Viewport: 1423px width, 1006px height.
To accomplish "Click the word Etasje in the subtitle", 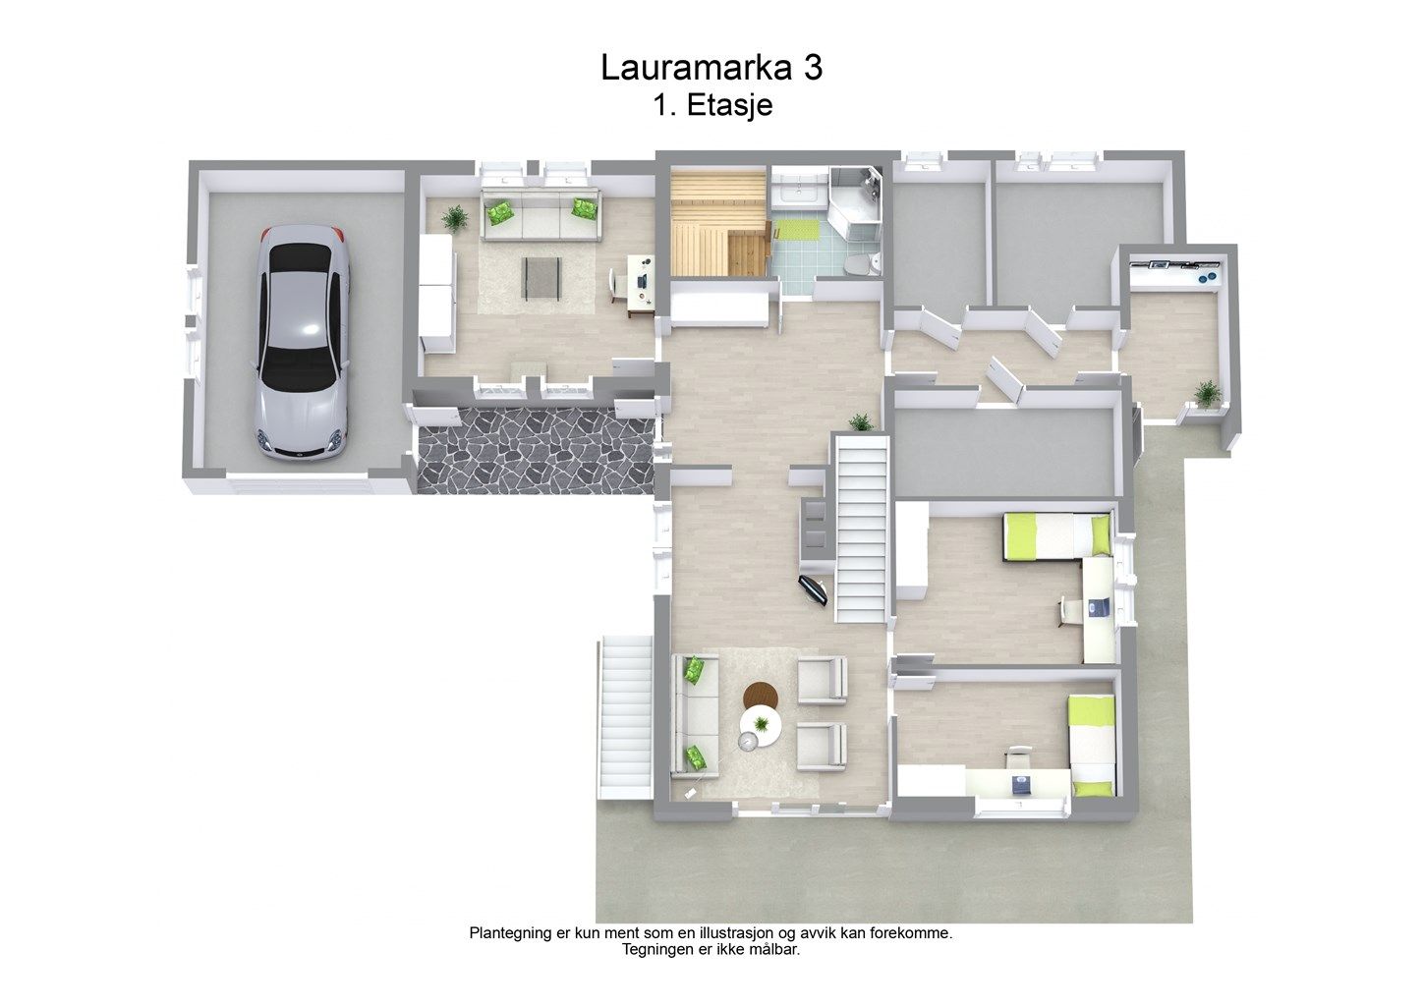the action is [729, 105].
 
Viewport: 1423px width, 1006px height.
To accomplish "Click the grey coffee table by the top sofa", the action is [541, 278].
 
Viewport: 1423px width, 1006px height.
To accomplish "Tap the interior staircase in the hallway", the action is [862, 529].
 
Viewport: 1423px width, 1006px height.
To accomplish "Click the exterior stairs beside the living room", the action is [626, 716].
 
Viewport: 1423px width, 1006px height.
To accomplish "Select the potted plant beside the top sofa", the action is [455, 218].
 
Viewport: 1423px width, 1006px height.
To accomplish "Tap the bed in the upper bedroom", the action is [1057, 536].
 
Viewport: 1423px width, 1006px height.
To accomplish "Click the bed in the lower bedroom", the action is [1092, 745].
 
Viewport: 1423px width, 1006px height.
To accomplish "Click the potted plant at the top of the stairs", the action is [861, 421].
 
